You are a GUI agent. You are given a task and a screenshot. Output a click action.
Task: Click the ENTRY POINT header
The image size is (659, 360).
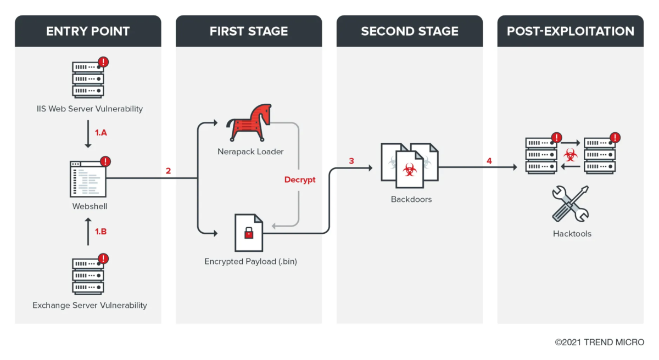88,31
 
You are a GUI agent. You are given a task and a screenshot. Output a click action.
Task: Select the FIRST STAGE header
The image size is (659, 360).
249,31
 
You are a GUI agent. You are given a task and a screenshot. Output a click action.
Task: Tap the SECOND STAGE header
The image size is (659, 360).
410,31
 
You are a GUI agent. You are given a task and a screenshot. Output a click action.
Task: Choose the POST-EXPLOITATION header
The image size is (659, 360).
571,31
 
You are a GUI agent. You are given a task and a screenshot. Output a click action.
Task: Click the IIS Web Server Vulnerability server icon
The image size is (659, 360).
88,80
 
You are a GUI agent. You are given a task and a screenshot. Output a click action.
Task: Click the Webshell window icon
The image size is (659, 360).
88,179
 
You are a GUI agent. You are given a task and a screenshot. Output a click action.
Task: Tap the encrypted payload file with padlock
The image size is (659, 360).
249,233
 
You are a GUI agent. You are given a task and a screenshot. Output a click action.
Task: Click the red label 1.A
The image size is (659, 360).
101,133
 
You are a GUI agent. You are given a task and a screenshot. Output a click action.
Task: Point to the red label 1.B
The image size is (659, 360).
101,232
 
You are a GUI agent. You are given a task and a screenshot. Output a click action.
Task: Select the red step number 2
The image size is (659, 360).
169,171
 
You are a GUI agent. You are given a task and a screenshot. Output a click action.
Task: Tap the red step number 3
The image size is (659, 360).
351,161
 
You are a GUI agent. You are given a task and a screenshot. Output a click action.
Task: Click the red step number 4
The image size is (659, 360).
489,161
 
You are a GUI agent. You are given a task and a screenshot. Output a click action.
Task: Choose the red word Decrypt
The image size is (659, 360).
300,179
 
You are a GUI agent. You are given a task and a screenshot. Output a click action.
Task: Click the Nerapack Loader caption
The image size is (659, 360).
250,151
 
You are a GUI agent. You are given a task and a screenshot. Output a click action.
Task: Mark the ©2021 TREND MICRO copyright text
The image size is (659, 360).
599,342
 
